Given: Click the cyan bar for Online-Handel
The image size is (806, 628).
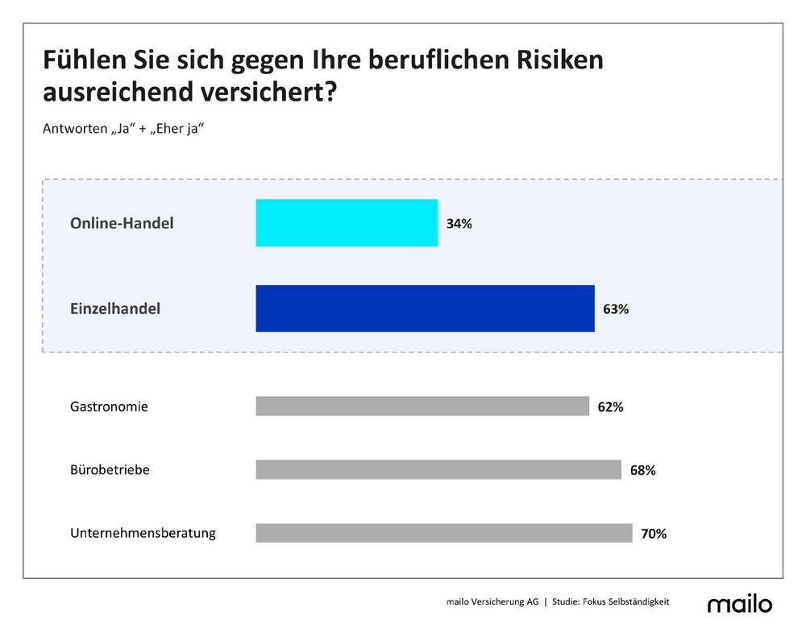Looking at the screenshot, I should click(x=347, y=223).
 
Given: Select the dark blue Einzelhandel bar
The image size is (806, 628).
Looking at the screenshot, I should click(x=425, y=308).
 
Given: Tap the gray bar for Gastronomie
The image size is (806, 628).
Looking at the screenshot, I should click(x=422, y=406).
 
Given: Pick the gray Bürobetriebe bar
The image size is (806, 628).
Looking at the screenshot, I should click(x=438, y=469).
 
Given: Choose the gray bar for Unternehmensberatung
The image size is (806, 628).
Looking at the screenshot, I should click(x=444, y=533).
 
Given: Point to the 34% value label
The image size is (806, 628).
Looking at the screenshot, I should click(x=459, y=224).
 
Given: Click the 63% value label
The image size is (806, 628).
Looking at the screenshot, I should click(x=616, y=309).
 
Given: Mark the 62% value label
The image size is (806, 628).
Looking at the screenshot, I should click(x=610, y=407).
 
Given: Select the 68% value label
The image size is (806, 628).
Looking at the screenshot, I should click(x=642, y=471).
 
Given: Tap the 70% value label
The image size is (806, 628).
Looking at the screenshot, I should click(x=654, y=534).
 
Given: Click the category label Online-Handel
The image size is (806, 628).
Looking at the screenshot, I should click(x=122, y=223).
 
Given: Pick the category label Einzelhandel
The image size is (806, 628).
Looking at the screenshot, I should click(x=115, y=308).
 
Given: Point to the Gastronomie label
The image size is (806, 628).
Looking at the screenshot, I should click(x=109, y=407).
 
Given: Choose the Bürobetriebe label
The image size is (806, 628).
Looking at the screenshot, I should click(x=110, y=469).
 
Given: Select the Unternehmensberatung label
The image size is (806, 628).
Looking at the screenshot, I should click(x=143, y=533).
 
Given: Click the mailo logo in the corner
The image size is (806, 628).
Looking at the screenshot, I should click(x=739, y=604).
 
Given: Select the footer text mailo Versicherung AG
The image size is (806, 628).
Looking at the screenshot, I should click(x=492, y=601).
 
